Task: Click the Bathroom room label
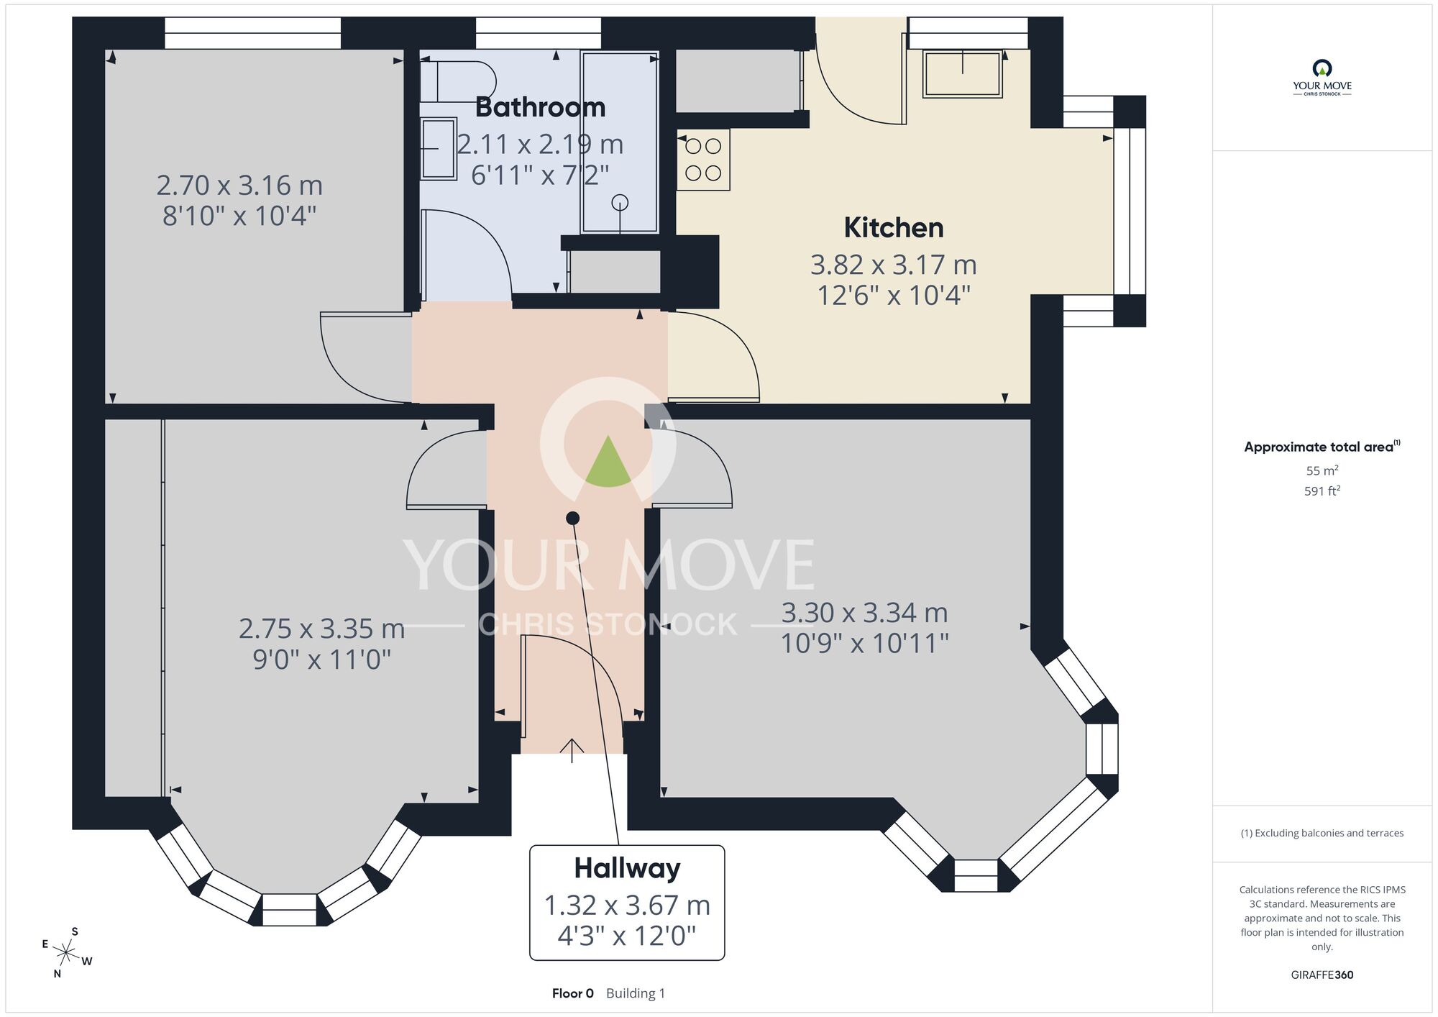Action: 540,107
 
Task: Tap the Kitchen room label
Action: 894,228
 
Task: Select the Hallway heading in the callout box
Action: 627,869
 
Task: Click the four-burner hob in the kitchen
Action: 703,160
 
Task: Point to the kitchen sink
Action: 963,73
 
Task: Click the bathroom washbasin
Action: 438,148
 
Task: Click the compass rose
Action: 66,954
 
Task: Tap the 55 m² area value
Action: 1322,470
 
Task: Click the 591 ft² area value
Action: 1322,491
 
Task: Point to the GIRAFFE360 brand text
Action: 1322,975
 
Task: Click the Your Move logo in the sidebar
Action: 1322,78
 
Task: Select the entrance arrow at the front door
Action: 572,750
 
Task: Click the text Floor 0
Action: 573,993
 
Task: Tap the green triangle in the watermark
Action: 608,461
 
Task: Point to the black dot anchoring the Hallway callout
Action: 573,518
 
